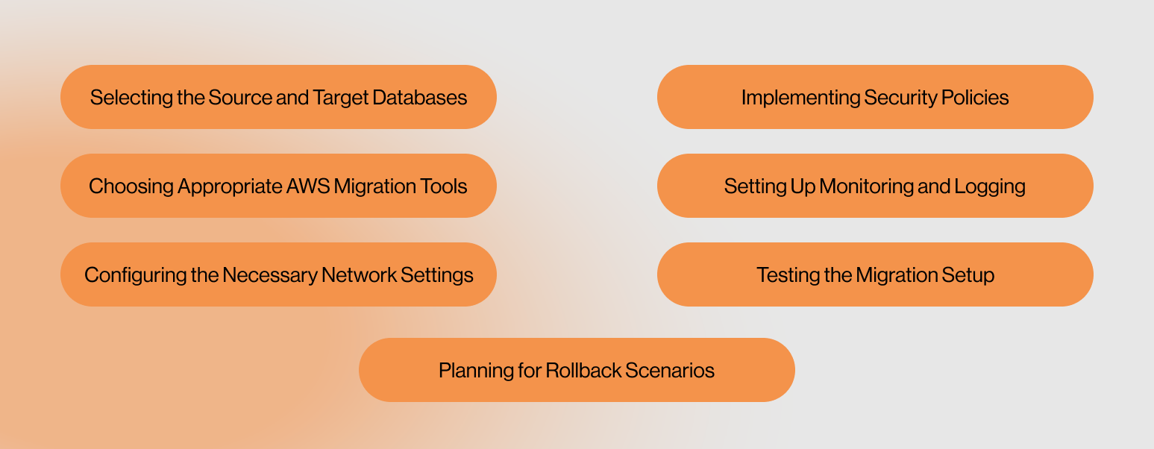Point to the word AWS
308,186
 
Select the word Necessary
270,275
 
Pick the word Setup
968,275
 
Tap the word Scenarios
670,371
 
